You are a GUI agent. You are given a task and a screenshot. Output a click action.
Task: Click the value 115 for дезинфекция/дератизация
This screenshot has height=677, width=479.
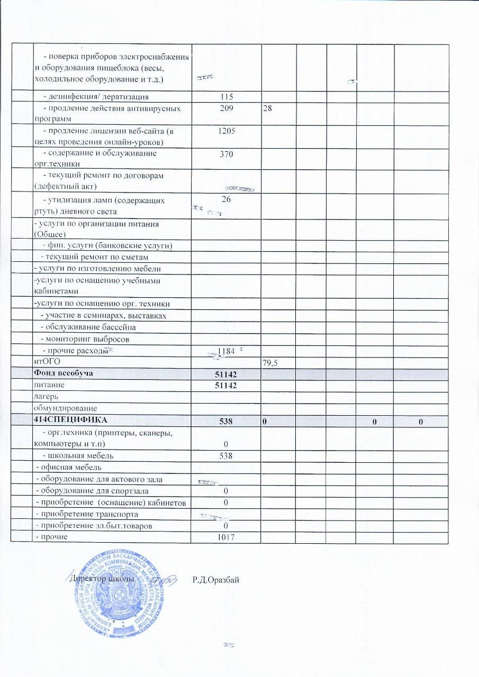click(x=227, y=97)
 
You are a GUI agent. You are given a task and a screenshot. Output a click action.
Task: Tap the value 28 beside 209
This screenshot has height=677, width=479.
click(x=268, y=108)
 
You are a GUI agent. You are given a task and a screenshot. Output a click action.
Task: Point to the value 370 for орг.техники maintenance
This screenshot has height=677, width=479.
click(x=227, y=154)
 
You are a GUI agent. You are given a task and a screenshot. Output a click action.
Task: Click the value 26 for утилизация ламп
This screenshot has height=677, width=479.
click(x=227, y=199)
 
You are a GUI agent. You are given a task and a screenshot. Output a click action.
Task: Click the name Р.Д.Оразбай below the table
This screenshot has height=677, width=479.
click(x=216, y=580)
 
